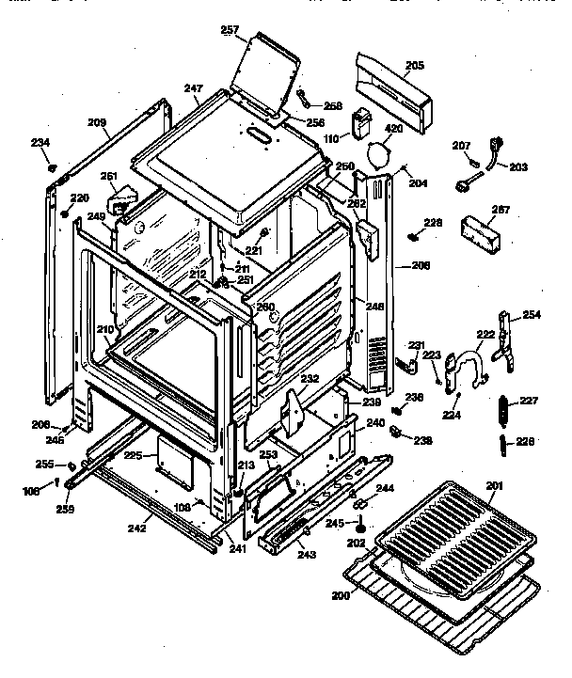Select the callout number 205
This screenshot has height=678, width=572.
tap(414, 65)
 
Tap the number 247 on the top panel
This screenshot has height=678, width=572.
tap(194, 89)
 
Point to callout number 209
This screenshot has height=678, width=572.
tap(97, 122)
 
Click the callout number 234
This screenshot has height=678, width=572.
tap(40, 142)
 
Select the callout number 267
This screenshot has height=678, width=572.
tap(500, 210)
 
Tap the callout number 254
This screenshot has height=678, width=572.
tap(532, 314)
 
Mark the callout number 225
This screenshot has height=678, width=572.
tap(134, 455)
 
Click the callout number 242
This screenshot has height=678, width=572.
tap(137, 528)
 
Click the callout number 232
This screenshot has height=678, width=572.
tap(310, 379)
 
